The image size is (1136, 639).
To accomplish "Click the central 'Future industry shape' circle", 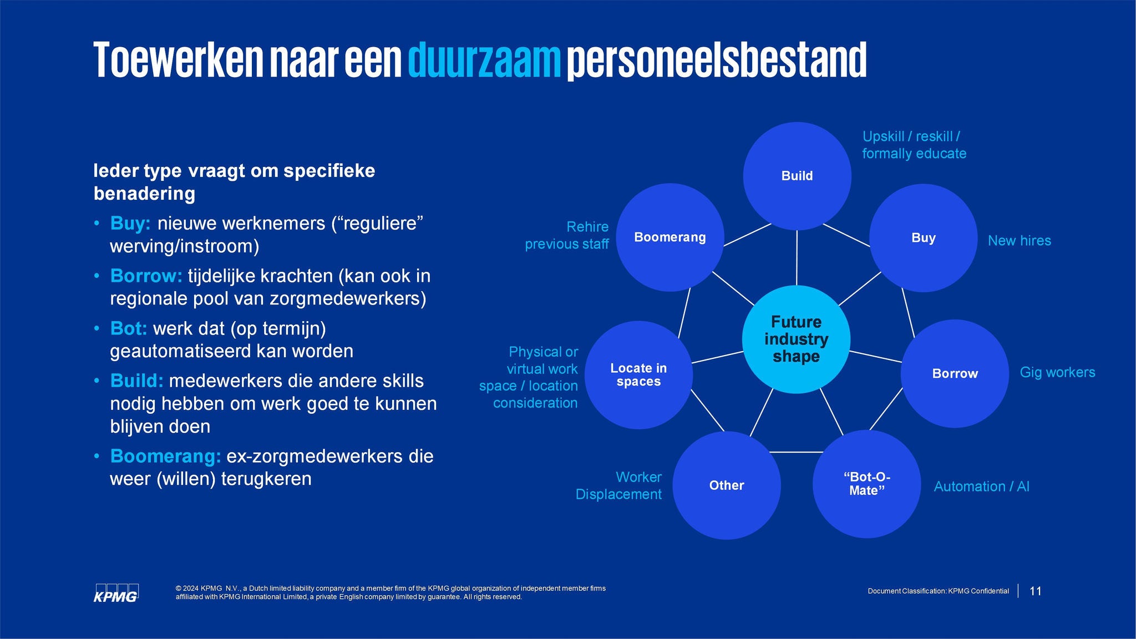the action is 796,339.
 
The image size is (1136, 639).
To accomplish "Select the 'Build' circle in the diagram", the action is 797,176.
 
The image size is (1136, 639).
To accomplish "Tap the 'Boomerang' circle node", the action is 670,237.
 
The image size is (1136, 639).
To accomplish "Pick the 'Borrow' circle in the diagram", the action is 955,373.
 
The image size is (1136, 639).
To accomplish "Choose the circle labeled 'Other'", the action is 727,485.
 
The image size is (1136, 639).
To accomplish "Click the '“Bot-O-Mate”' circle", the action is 866,484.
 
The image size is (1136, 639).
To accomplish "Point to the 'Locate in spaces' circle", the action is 638,375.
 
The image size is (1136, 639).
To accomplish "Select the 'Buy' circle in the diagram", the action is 923,238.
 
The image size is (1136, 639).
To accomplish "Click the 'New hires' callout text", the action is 1020,241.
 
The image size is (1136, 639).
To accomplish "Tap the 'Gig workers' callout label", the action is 1058,372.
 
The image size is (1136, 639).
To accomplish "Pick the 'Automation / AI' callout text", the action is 982,486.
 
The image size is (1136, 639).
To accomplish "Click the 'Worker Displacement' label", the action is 618,485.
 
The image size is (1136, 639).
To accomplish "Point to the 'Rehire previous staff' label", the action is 567,235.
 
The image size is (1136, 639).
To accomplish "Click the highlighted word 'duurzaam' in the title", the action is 485,60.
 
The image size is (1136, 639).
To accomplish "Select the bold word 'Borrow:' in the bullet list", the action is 146,276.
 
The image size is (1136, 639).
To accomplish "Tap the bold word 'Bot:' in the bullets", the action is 129,328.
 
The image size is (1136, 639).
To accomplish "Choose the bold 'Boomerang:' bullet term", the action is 166,456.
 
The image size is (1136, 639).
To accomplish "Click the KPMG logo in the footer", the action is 116,593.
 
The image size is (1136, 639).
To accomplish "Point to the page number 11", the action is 1036,591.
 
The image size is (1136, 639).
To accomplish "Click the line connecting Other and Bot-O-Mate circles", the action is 797,452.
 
